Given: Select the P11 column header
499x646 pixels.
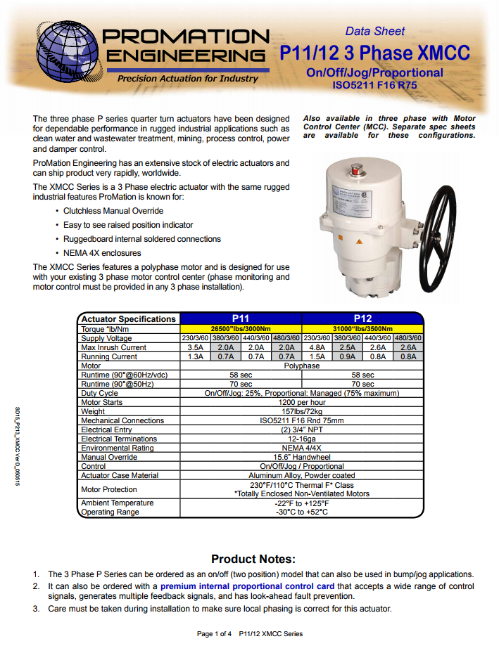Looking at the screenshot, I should click(241, 318).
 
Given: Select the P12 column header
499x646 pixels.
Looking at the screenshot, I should click(362, 318).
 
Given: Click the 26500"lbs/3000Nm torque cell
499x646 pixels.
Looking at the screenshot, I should click(241, 328).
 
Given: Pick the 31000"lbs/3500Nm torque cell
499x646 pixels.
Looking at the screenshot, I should click(362, 328).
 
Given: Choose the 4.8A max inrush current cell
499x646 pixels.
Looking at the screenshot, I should click(317, 347).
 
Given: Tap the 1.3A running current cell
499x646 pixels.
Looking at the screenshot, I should click(196, 356).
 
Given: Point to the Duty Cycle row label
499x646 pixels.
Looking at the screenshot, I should click(99, 393).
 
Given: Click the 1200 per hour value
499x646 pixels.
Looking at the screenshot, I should click(301, 402).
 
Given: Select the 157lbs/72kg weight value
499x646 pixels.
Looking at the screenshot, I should click(301, 411).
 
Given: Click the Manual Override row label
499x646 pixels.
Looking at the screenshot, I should click(108, 457).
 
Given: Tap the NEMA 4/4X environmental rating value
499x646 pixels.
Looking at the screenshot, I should click(301, 448).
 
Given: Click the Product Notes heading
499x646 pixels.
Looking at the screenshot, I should click(253, 559).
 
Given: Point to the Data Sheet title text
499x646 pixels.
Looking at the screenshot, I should click(375, 31).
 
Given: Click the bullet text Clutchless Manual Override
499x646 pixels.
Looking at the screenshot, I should click(113, 211).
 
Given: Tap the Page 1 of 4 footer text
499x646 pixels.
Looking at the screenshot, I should click(214, 634).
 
